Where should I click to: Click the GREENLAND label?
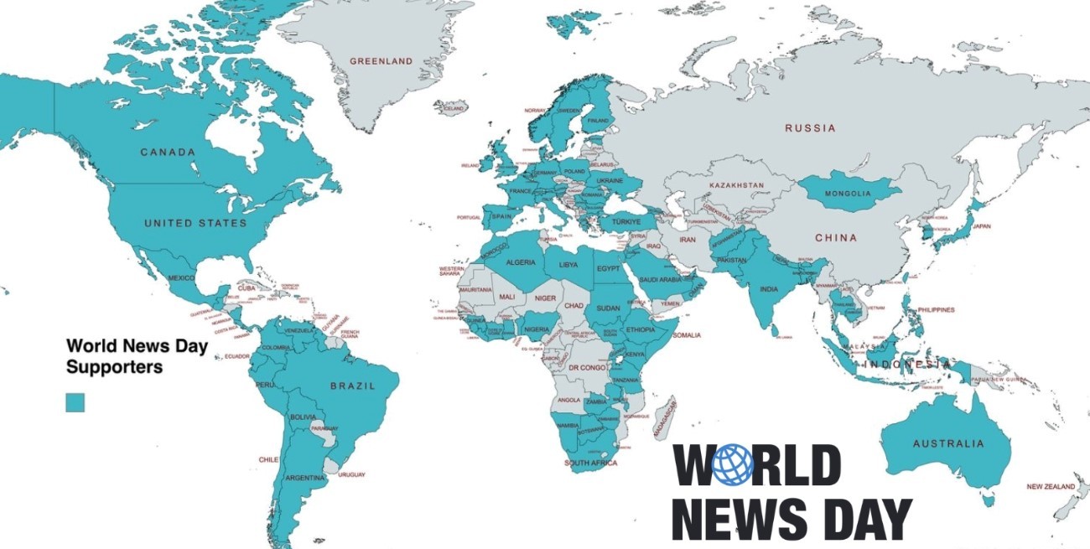coord(381,61)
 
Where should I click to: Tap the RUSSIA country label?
coord(810,128)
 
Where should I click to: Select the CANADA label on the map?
coord(168,153)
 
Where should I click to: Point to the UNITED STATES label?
coord(195,223)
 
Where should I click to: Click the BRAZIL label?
coord(353,386)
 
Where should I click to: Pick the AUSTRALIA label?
coord(948,443)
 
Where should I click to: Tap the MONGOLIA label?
coord(849,194)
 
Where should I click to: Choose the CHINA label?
coord(836,238)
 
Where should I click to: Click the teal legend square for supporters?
coord(75,402)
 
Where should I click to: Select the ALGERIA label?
coord(520,263)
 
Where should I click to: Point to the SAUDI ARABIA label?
coord(660,280)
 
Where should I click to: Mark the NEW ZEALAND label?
coord(1051,487)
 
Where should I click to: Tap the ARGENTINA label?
coord(304,478)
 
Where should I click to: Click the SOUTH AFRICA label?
coord(590,464)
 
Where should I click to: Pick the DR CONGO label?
coord(587,368)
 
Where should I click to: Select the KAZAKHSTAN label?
coord(736,184)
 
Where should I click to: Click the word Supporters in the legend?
coord(115,367)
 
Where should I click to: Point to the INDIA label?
coord(768,289)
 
